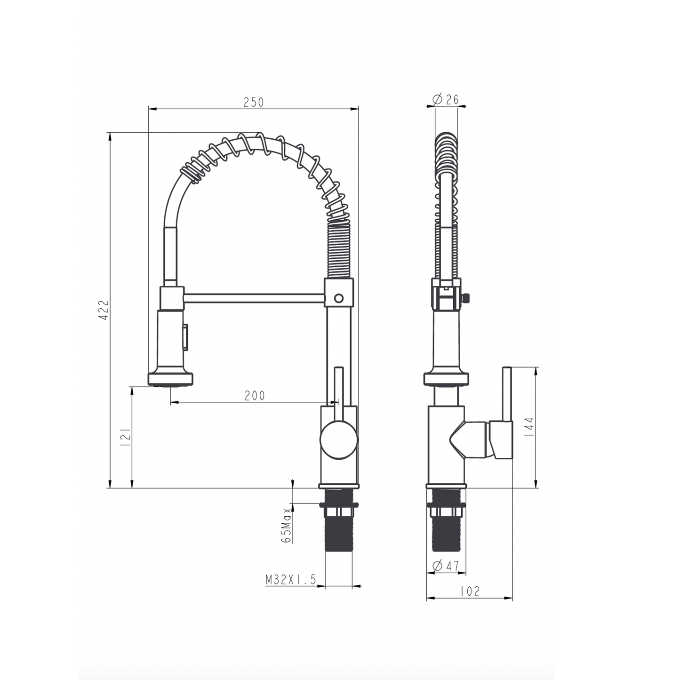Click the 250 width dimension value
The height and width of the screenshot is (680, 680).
click(253, 102)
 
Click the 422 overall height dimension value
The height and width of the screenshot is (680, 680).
click(104, 310)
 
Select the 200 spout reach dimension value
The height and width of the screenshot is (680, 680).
click(255, 396)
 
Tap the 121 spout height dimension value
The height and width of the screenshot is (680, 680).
click(126, 438)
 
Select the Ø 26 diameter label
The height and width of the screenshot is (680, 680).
click(446, 100)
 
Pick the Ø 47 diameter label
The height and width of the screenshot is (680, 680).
click(446, 566)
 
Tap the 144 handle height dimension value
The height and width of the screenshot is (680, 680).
click(530, 428)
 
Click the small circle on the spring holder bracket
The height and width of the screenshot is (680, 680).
click(338, 298)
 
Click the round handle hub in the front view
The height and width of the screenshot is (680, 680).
click(339, 440)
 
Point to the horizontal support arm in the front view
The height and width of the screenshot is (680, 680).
click(254, 298)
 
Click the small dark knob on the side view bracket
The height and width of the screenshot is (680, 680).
click(466, 298)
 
